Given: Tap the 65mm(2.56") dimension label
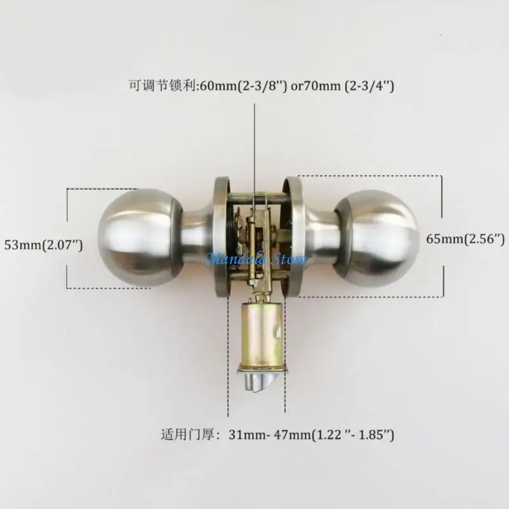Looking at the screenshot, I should coord(465,239).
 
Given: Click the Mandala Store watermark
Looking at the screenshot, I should coord(254,258).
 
